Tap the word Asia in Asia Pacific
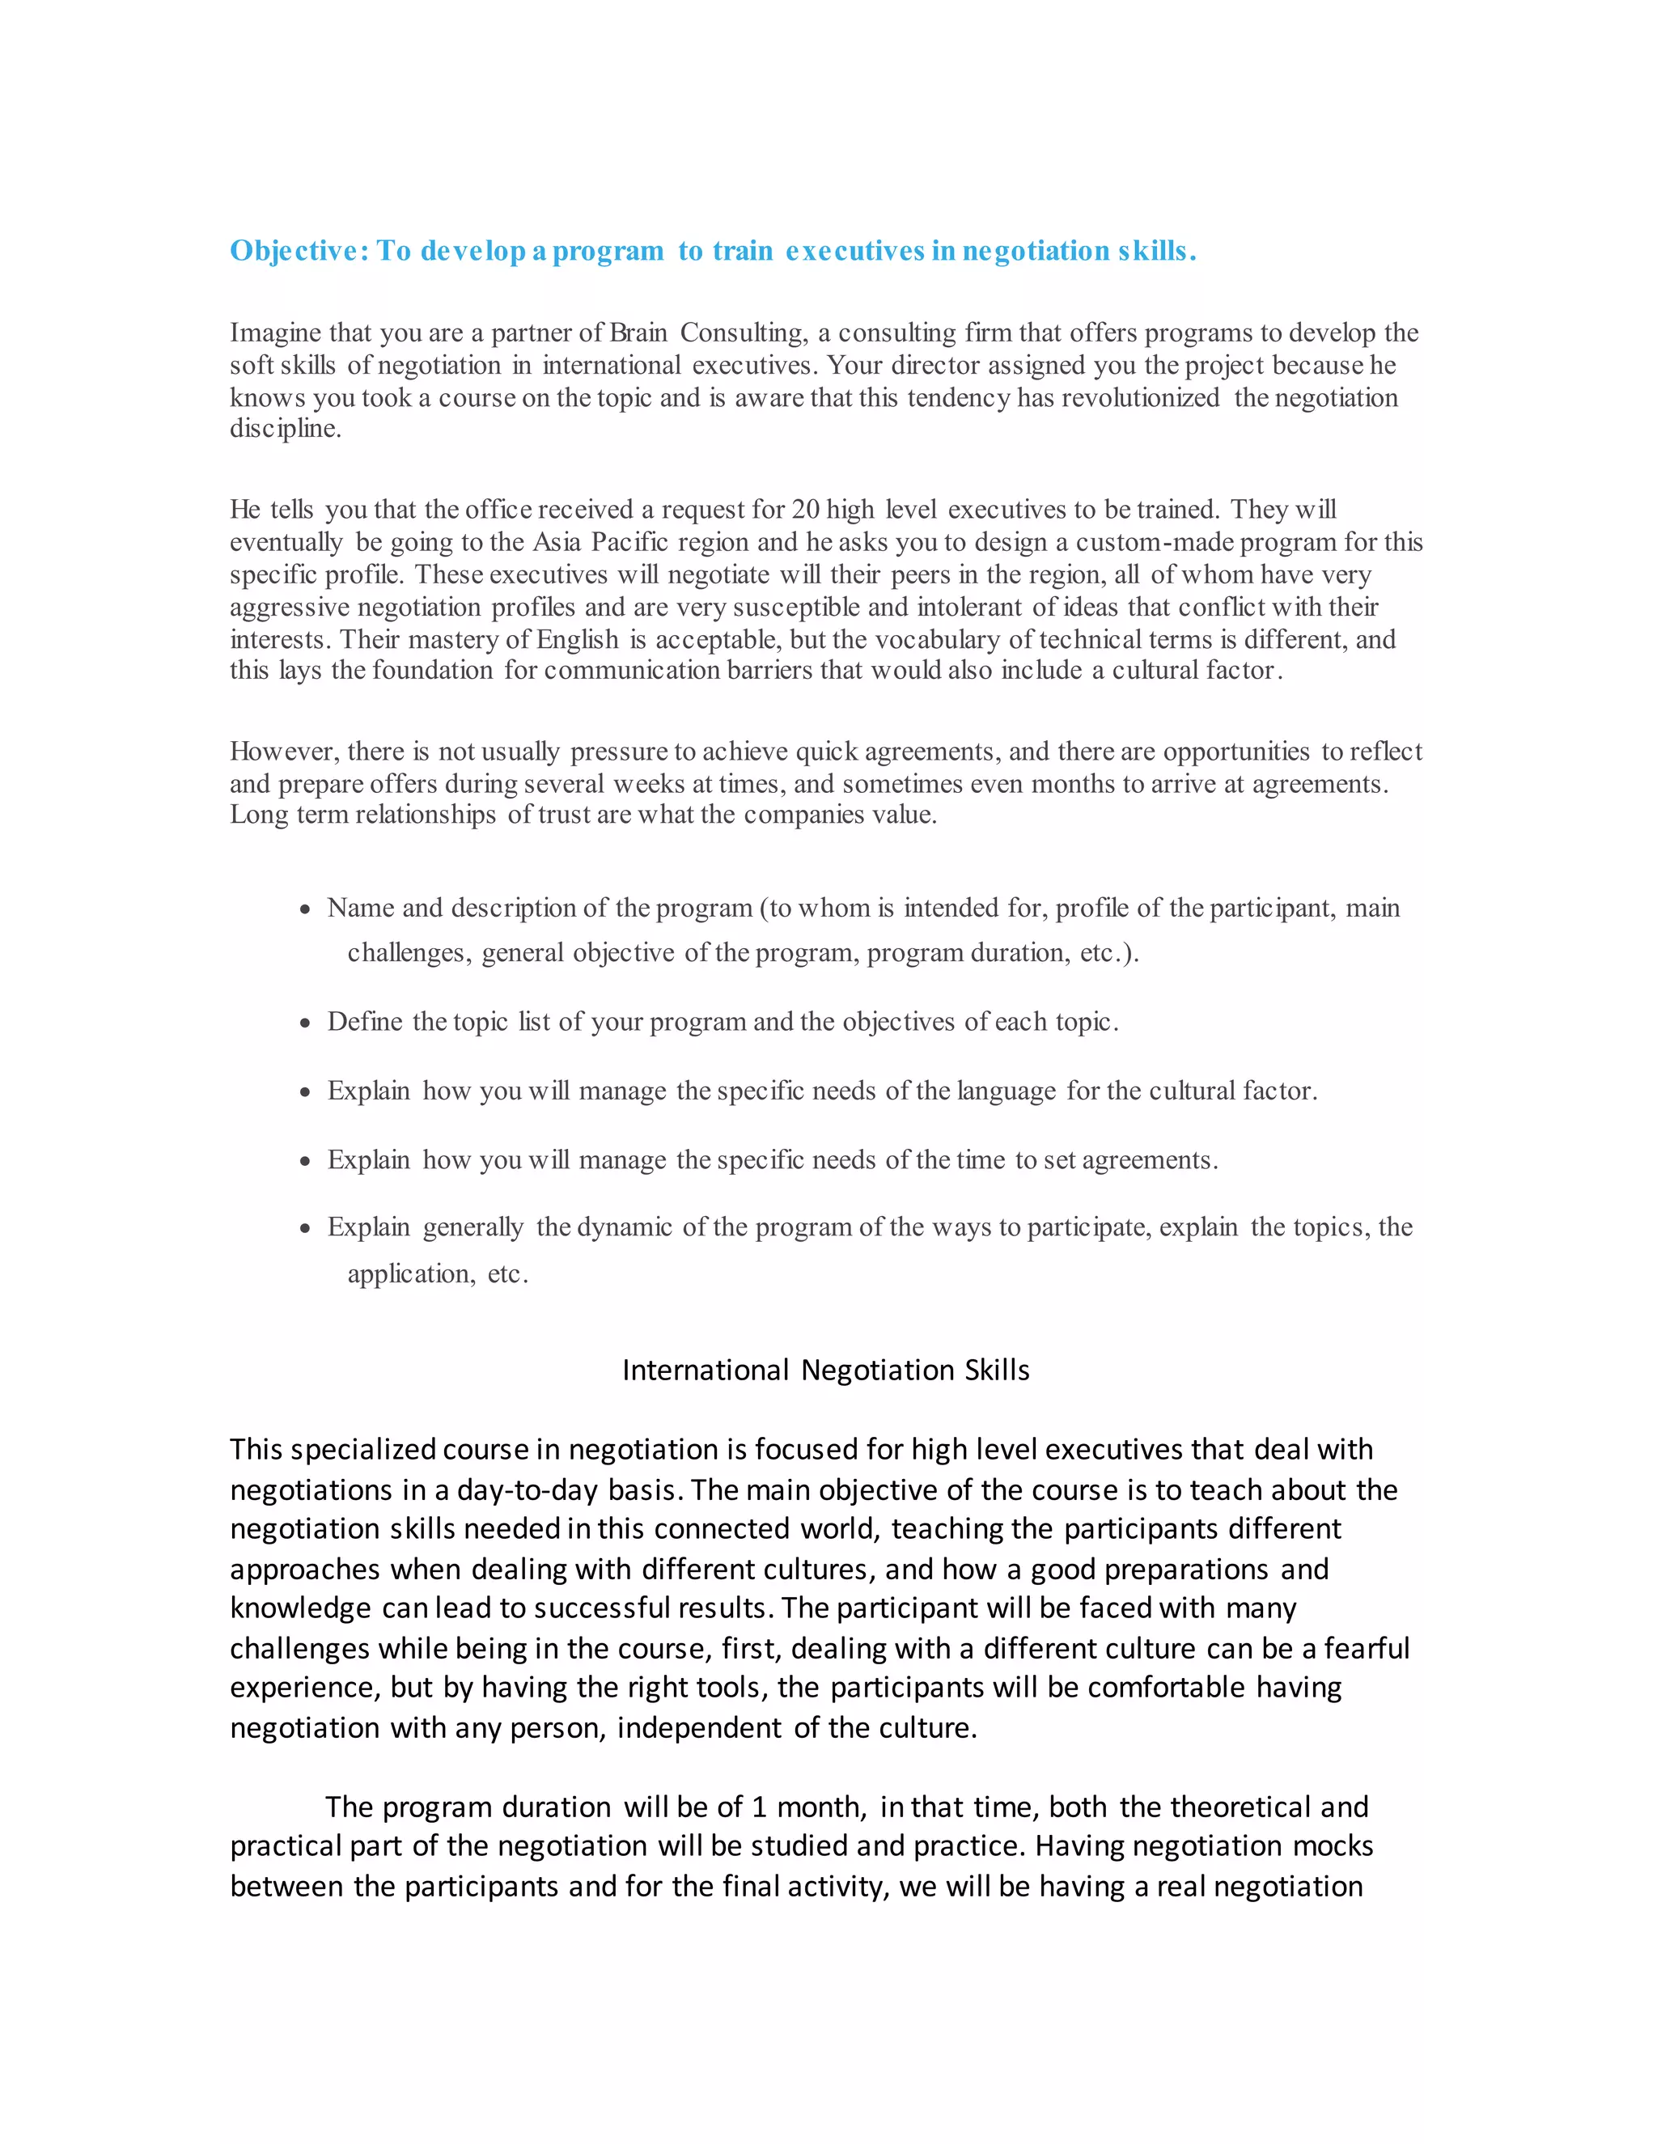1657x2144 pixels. tap(557, 542)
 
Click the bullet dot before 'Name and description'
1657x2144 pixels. tap(305, 910)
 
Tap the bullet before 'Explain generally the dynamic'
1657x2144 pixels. tap(305, 1229)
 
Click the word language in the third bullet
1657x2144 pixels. tap(1006, 1091)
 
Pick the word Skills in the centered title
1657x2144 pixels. tap(996, 1371)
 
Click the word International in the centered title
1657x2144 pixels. tap(706, 1371)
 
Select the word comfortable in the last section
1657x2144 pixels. tap(1166, 1688)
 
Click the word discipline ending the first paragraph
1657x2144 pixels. tap(284, 429)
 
